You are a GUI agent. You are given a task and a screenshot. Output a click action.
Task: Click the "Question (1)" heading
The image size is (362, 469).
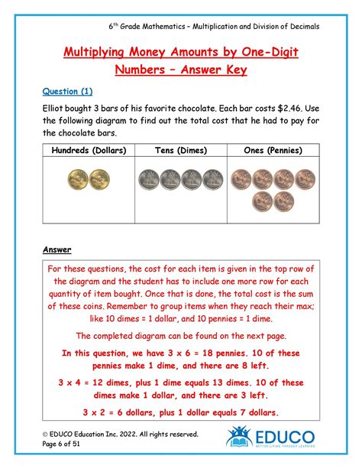pyautogui.click(x=69, y=91)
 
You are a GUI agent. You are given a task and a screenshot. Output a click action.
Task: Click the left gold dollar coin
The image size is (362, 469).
pyautogui.click(x=78, y=180)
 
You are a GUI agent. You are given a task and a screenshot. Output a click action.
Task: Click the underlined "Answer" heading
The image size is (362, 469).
pyautogui.click(x=57, y=249)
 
